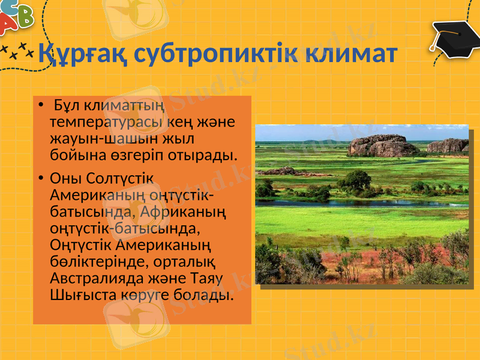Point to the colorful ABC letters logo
[15, 18]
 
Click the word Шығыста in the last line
[76, 295]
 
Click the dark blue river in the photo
[360, 203]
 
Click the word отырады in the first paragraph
[208, 155]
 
